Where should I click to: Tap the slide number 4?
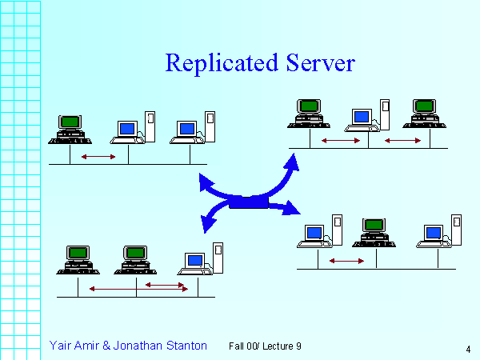466,349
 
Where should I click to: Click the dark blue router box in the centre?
248,202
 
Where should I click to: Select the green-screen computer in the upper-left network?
70,128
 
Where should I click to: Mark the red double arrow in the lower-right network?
346,261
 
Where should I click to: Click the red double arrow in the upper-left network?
98,156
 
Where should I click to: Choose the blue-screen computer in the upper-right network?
362,118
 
